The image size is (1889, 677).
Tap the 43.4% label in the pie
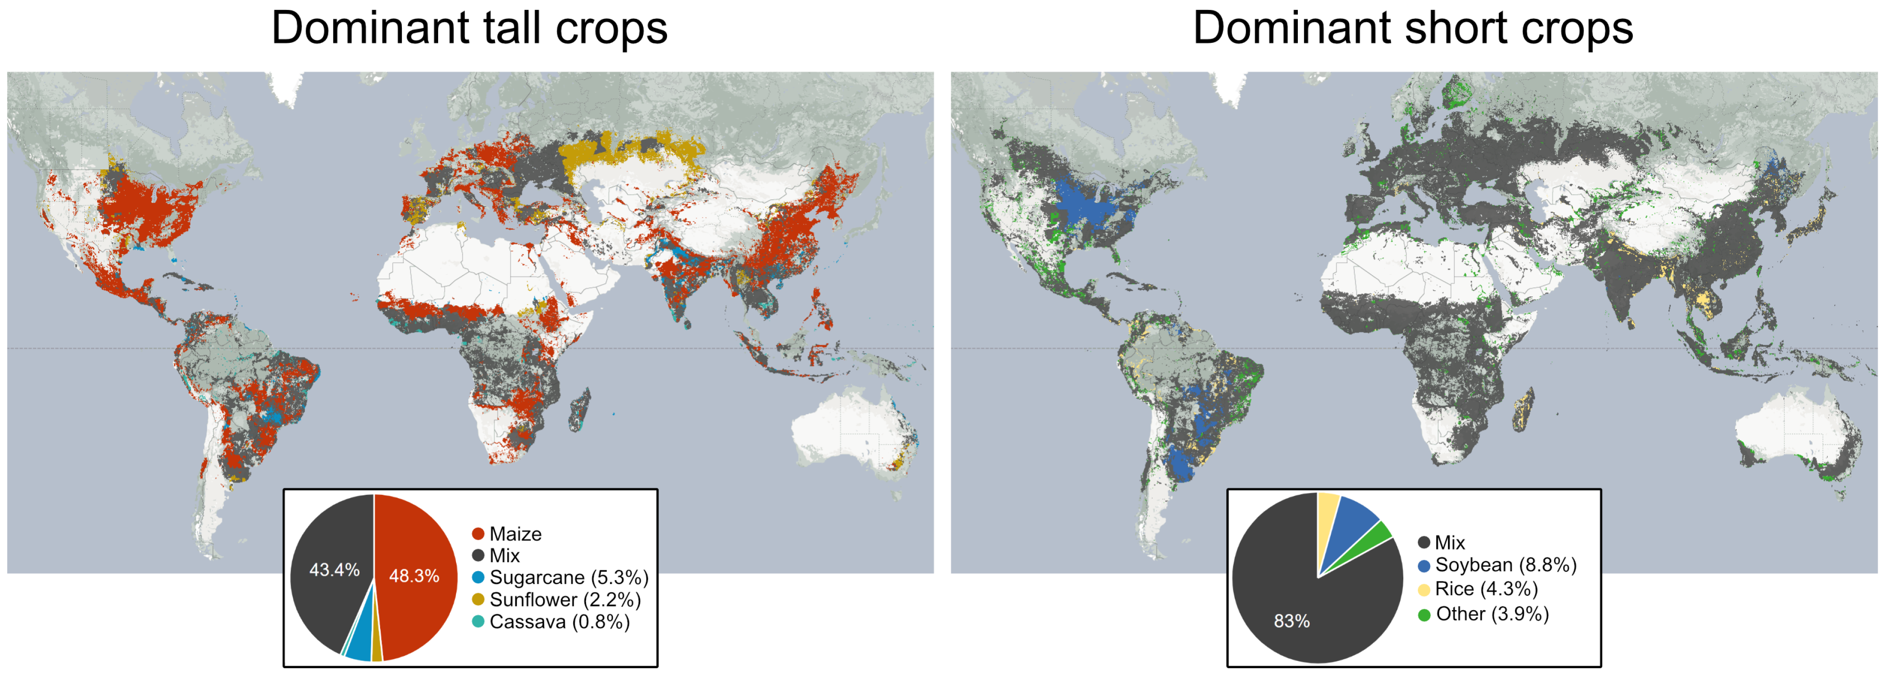(334, 570)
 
